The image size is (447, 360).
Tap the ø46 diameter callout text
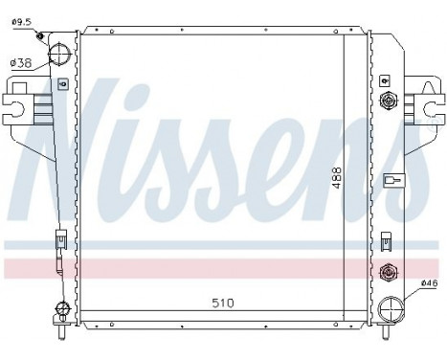click(x=429, y=285)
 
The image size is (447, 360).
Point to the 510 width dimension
click(x=223, y=304)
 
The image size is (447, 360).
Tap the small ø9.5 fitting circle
click(x=40, y=37)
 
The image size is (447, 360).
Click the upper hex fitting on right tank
click(x=388, y=101)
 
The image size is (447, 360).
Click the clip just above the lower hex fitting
click(x=385, y=239)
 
